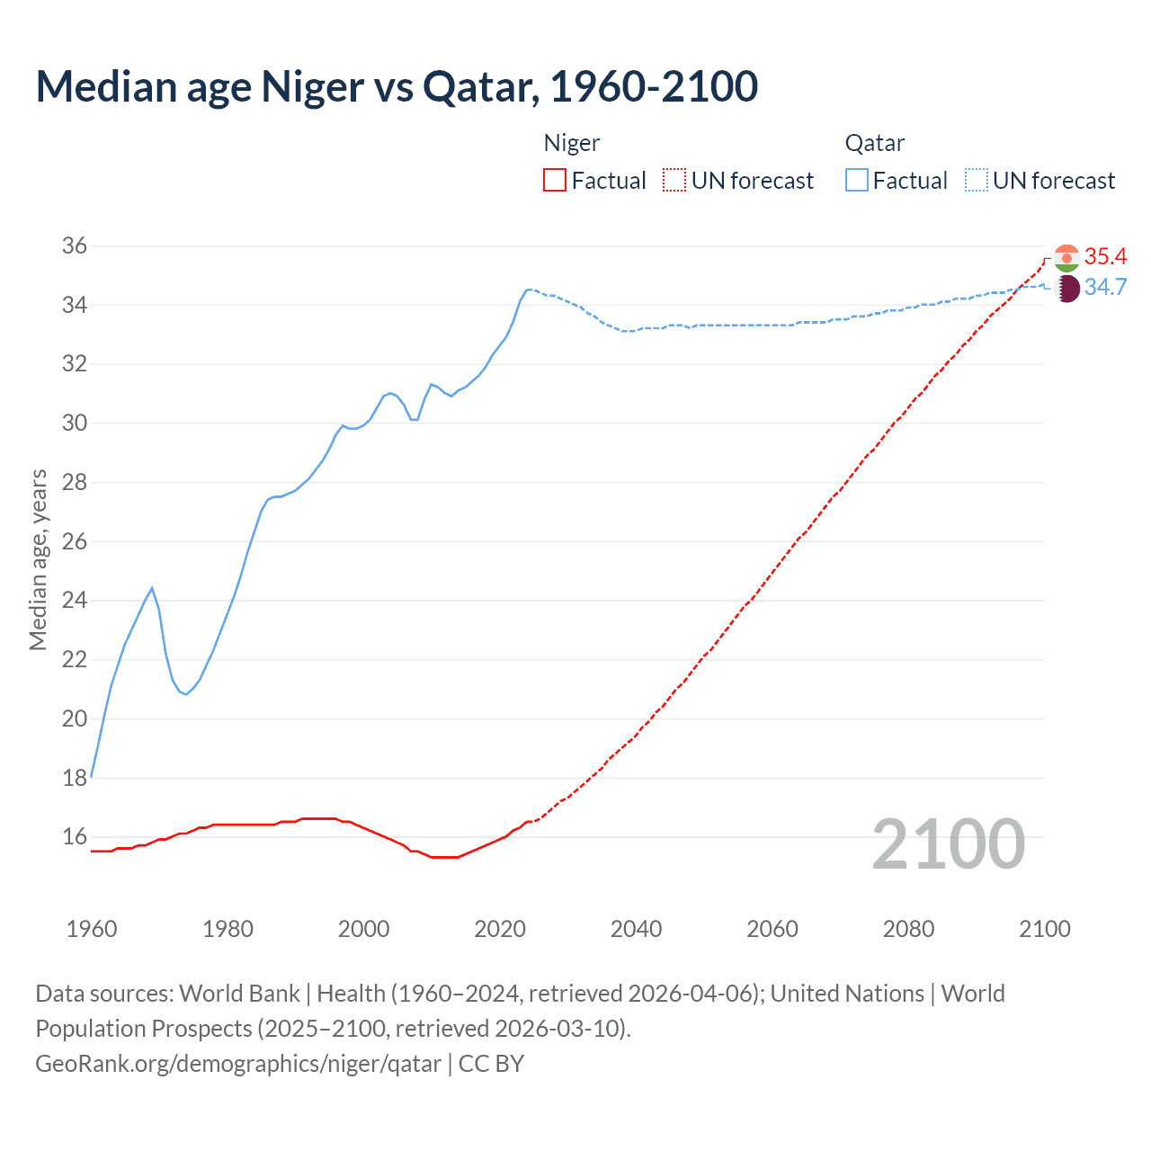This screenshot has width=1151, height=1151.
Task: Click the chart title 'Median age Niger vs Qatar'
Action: tap(397, 86)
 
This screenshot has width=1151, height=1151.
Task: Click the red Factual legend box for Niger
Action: tap(555, 180)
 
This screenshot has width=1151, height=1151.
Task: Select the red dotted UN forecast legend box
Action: tap(674, 180)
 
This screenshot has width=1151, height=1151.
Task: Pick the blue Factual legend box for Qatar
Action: tap(857, 180)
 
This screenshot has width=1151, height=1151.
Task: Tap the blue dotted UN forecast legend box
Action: tap(976, 180)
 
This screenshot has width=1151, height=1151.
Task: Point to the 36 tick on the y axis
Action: tap(75, 246)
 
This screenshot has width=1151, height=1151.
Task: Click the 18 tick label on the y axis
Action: tap(75, 778)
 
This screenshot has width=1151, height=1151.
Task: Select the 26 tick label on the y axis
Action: tap(75, 541)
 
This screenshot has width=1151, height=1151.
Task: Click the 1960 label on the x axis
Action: tap(92, 929)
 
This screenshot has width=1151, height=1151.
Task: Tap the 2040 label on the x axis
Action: tap(636, 929)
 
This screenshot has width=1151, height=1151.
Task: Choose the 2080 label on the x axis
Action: tap(908, 929)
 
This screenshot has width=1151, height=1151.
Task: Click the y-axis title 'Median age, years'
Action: tap(38, 559)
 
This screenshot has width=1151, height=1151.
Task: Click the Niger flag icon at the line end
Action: tap(1066, 258)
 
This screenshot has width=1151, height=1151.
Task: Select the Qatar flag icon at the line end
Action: tap(1066, 289)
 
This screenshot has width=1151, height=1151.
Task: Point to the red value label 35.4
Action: tap(1105, 256)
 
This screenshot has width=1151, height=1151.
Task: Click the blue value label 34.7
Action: tap(1105, 287)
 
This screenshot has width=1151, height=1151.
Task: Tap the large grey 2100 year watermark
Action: tap(948, 843)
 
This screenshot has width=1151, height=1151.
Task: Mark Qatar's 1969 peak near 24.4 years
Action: tap(152, 588)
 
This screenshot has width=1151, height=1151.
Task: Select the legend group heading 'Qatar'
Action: tap(874, 143)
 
